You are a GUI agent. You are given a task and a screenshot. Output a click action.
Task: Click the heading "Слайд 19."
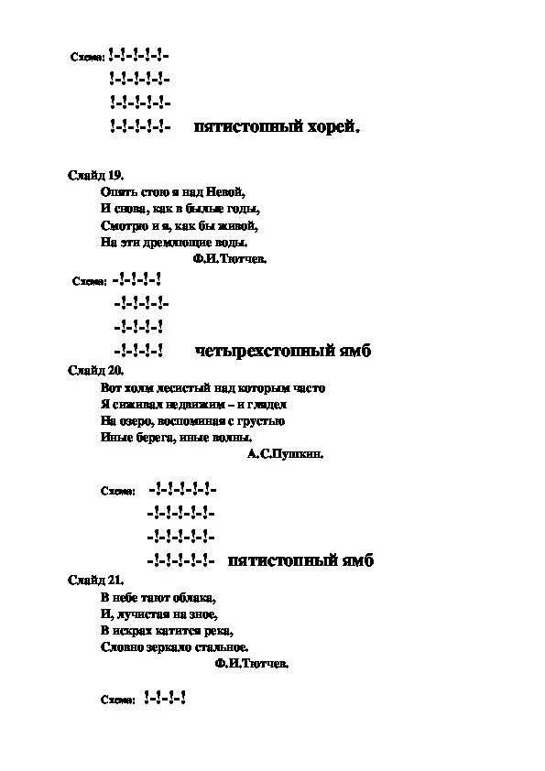tap(95, 175)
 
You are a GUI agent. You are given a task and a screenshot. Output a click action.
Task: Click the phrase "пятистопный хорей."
tap(278, 127)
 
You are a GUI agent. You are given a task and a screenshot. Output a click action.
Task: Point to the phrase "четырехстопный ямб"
tap(283, 351)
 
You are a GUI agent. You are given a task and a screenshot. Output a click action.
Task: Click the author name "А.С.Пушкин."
tap(285, 453)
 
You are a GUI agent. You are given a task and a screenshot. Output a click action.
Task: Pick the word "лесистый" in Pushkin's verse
tap(181, 387)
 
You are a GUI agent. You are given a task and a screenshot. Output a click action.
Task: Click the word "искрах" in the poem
tap(134, 631)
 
